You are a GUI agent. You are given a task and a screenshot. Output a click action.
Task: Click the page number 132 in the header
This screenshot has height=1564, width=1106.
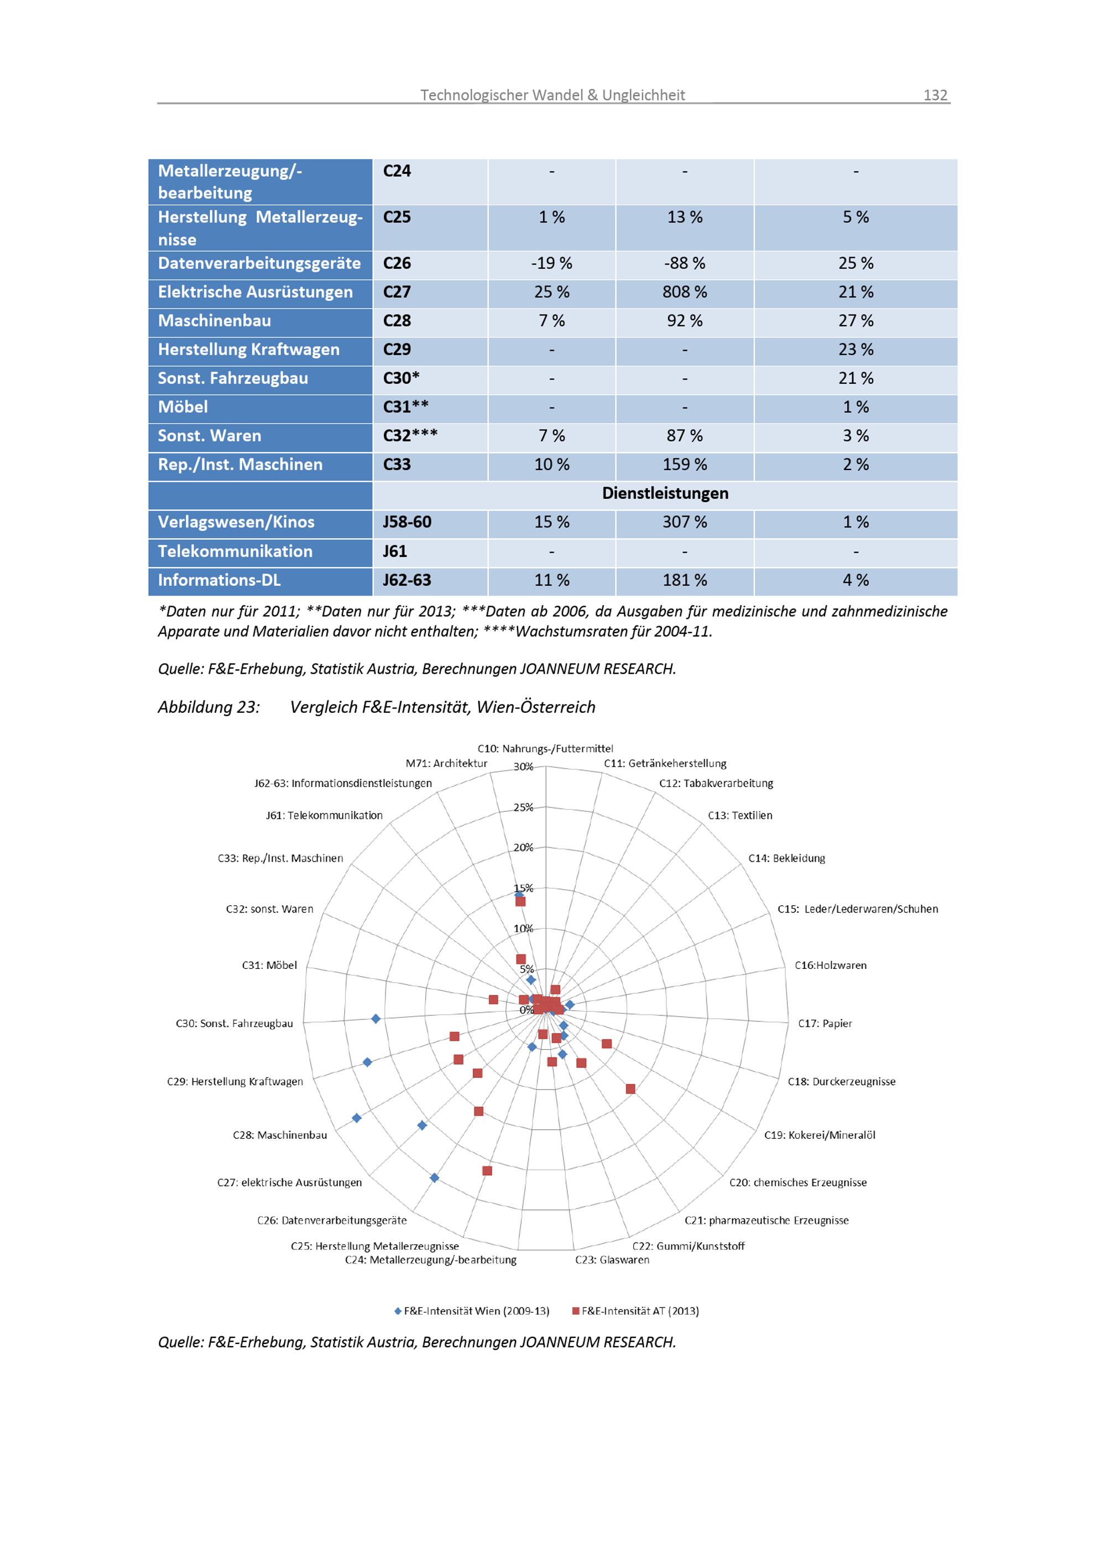click(x=935, y=95)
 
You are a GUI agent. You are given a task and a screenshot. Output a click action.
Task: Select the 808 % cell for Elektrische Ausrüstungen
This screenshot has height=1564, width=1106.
click(x=685, y=292)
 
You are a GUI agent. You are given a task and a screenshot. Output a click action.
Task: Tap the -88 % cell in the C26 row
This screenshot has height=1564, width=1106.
click(x=685, y=264)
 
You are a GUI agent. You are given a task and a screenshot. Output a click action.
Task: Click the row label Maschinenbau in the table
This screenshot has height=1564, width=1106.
click(x=215, y=321)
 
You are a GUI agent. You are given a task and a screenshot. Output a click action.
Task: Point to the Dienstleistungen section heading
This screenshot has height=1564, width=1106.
click(x=665, y=493)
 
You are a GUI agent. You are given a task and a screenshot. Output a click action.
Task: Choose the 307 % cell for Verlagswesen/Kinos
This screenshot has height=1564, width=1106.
click(x=685, y=523)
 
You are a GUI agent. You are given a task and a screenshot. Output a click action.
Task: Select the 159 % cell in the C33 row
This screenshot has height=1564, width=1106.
click(x=685, y=465)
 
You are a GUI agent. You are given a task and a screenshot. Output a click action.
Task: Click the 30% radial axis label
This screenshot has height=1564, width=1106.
click(x=523, y=767)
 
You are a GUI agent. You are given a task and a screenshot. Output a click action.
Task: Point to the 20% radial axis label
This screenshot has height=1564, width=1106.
click(x=523, y=847)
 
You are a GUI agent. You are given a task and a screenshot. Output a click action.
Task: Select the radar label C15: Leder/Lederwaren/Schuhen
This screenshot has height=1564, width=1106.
click(x=857, y=909)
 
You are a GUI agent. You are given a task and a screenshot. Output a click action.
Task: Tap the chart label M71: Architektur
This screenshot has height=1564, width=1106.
click(x=446, y=763)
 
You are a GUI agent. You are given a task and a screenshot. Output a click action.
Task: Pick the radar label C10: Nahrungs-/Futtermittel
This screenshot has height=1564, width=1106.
click(x=545, y=749)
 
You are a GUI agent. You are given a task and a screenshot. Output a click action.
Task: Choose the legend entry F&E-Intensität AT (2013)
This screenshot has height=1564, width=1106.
click(x=635, y=1311)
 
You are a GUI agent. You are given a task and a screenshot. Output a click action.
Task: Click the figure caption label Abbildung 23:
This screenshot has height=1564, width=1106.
click(x=208, y=707)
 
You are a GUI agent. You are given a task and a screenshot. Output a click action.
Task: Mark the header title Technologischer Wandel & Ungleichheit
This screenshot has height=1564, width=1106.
click(x=552, y=95)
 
